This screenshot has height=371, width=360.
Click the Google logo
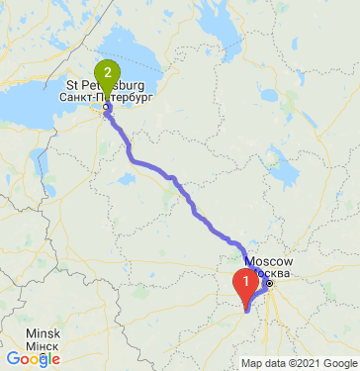point(33,359)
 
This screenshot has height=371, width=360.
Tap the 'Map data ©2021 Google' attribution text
point(299,363)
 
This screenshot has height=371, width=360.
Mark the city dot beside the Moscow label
point(267,284)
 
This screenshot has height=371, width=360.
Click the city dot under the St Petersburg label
point(106,107)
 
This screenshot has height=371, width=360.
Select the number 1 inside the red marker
point(245,280)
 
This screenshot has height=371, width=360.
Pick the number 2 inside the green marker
point(106,72)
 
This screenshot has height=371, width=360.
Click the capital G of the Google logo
point(12,359)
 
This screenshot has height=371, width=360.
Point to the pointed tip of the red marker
point(245,309)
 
